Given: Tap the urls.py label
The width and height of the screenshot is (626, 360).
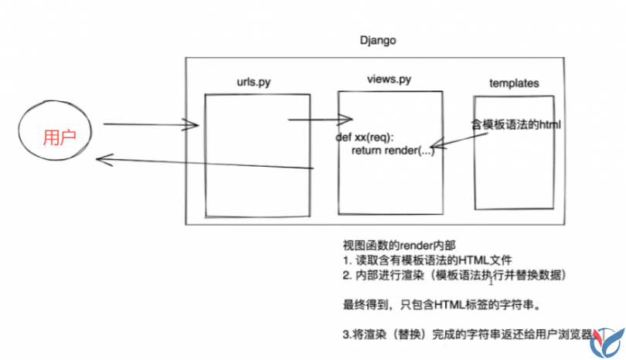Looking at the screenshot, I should click(255, 83).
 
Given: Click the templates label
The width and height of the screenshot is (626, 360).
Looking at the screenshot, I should click(514, 83).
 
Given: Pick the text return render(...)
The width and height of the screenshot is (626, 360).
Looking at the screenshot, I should click(393, 151).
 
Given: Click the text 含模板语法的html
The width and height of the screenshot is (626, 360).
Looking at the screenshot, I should click(515, 124).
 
